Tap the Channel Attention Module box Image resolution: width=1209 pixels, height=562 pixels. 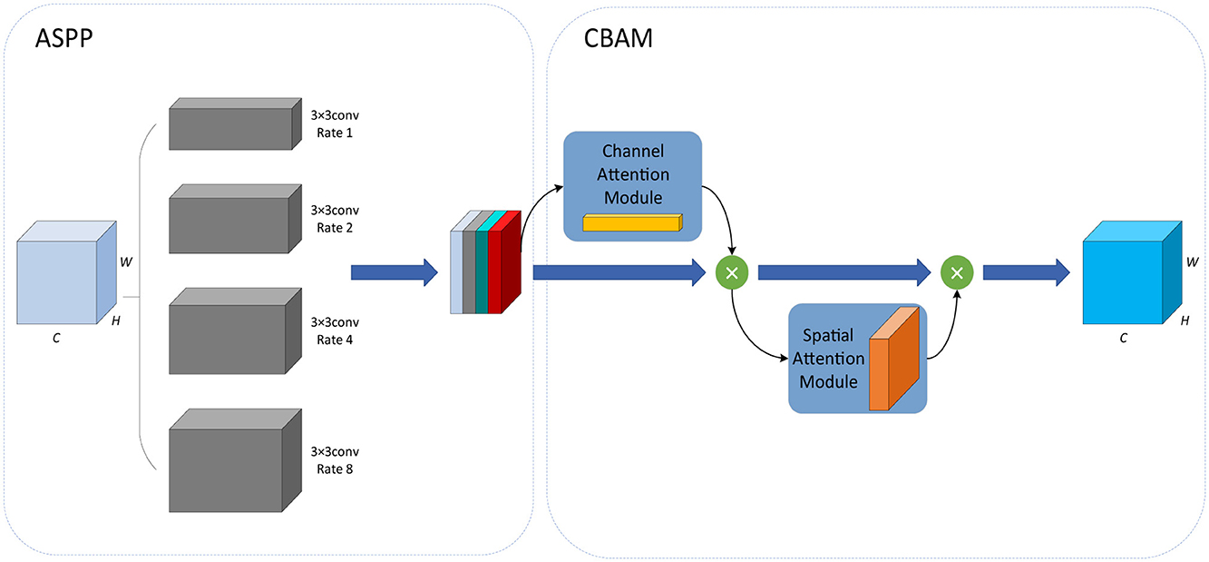(x=633, y=186)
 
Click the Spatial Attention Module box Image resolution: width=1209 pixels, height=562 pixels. (x=857, y=359)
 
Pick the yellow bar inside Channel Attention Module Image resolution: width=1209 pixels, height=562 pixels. (x=631, y=223)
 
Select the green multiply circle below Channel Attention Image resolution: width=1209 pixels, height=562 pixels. (x=731, y=271)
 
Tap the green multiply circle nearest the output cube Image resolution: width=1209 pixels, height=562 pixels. (x=956, y=271)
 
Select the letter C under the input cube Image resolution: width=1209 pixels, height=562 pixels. (x=56, y=338)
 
